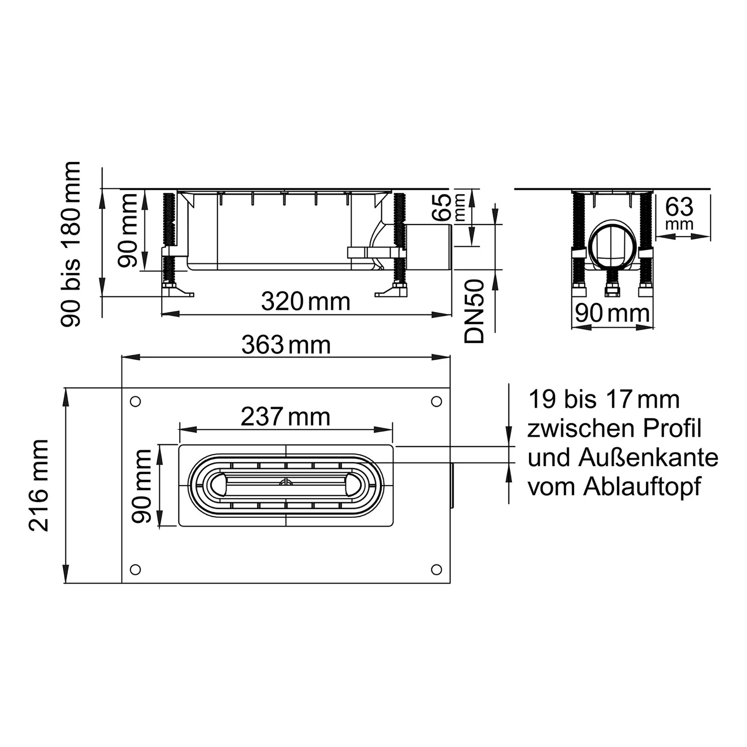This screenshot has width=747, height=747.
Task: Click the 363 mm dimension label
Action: pos(286,345)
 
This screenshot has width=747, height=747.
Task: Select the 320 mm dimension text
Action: pos(305,302)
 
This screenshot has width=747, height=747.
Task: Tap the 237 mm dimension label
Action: pos(285,417)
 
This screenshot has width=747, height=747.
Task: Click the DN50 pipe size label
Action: pos(474,311)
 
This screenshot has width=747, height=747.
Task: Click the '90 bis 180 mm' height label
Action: pos(70,244)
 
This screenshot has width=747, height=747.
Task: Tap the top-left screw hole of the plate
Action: pos(135,401)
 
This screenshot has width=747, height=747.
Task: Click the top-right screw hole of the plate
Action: pos(436,401)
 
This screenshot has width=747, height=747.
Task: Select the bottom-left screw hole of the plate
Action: pos(135,569)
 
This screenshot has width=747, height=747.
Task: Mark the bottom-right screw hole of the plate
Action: pos(436,569)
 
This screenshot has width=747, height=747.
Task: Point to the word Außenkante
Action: pos(648,458)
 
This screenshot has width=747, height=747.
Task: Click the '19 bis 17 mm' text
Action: pos(604,399)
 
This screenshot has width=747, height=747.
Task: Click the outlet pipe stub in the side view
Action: pos(428,248)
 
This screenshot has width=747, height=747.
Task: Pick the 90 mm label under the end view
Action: pos(612,314)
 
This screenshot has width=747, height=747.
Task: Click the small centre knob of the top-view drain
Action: pos(286,483)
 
